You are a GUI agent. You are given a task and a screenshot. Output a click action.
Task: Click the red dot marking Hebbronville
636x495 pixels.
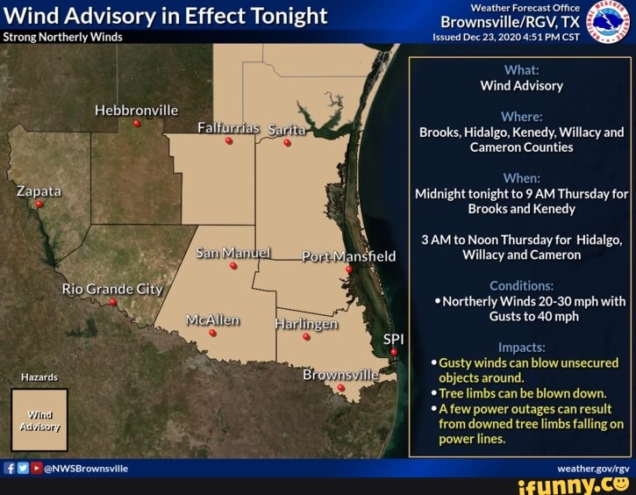tap(137, 124)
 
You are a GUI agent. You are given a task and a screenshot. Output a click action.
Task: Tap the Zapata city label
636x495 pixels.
tap(39, 190)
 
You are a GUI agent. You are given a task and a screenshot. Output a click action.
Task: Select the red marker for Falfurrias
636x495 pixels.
tap(229, 141)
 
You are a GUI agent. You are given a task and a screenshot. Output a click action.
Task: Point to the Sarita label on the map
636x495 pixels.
tap(286, 130)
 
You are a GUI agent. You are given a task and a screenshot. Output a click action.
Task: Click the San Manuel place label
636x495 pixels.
tap(233, 253)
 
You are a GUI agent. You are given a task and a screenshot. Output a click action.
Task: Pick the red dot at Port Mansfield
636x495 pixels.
tap(349, 269)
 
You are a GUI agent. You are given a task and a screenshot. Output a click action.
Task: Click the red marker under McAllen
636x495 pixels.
tap(212, 334)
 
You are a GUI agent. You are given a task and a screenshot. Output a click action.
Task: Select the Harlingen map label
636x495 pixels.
tap(306, 323)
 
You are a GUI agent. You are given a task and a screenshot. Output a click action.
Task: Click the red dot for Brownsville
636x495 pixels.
tap(341, 388)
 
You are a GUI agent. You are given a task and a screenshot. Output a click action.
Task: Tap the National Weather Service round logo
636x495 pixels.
tap(609, 21)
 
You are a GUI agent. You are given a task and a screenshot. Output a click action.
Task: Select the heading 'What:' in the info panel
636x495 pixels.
tap(521, 70)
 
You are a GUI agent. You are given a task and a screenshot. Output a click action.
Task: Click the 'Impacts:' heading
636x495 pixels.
tap(521, 347)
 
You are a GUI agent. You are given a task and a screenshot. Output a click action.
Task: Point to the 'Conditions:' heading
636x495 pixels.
tap(521, 285)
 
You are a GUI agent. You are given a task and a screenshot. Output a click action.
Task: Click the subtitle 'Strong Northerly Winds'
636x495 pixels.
tap(63, 37)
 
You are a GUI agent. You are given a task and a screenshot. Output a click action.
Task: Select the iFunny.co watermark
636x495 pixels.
tap(574, 484)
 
